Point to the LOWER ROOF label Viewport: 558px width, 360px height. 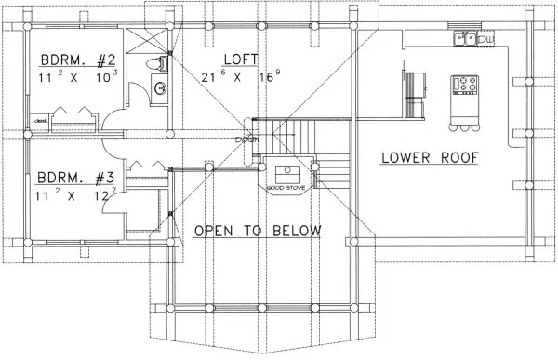point(429,157)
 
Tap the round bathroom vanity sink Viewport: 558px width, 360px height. point(159,89)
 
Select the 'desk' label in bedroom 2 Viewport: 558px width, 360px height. point(40,120)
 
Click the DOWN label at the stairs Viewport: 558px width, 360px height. point(247,139)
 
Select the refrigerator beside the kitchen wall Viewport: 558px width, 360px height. point(412,81)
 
